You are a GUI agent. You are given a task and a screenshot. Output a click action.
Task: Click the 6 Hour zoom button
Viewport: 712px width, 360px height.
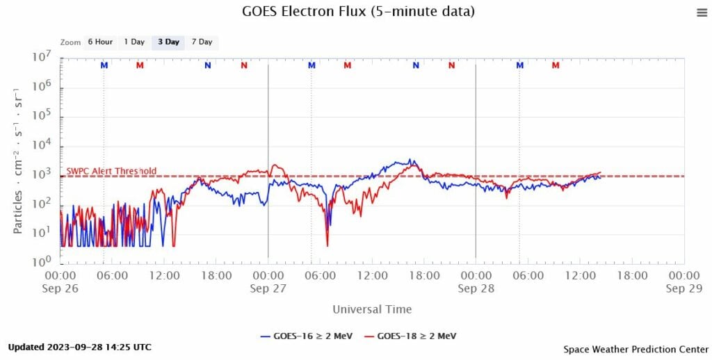(x=100, y=42)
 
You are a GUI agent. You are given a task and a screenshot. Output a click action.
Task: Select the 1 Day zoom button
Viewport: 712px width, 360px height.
(x=134, y=42)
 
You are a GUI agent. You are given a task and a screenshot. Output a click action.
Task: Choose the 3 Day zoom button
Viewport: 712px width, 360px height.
(x=168, y=42)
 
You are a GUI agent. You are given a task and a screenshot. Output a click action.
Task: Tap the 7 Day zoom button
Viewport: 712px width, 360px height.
(x=202, y=42)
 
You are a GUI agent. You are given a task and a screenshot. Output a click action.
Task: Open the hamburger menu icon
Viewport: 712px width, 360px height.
(x=701, y=13)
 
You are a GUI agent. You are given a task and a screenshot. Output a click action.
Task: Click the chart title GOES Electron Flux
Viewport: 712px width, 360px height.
(x=358, y=11)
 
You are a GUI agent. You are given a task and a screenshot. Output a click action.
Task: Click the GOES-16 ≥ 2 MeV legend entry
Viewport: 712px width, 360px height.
(x=307, y=336)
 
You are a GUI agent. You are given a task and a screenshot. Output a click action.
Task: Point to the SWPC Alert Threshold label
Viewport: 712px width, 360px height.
(x=111, y=171)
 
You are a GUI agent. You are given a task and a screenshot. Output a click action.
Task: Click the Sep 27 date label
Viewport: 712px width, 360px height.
(x=268, y=288)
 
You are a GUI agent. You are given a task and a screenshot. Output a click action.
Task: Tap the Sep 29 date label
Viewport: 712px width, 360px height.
(x=683, y=288)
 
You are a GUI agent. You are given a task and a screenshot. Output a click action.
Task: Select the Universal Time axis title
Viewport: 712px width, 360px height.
(x=372, y=309)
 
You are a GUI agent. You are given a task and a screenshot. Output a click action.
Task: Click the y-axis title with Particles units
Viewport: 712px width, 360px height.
(x=19, y=161)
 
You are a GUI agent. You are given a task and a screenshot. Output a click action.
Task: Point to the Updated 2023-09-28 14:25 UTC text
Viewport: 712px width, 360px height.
(x=79, y=347)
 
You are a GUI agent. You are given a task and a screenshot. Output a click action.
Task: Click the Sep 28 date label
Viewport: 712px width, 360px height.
(x=476, y=288)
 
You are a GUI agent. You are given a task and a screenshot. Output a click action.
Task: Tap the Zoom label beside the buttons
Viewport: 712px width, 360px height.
(x=71, y=42)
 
